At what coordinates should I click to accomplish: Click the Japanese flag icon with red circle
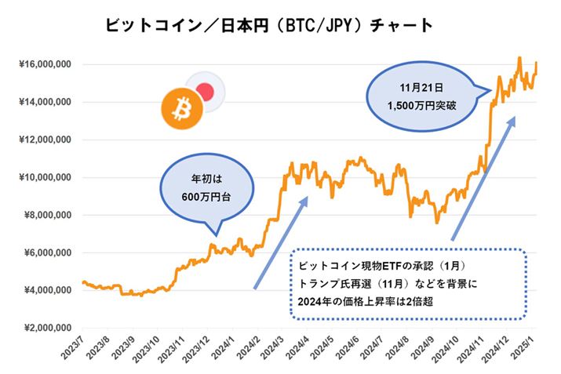[206, 91]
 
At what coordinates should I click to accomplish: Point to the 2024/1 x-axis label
[227, 350]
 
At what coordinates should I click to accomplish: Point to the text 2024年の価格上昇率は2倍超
[373, 301]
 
